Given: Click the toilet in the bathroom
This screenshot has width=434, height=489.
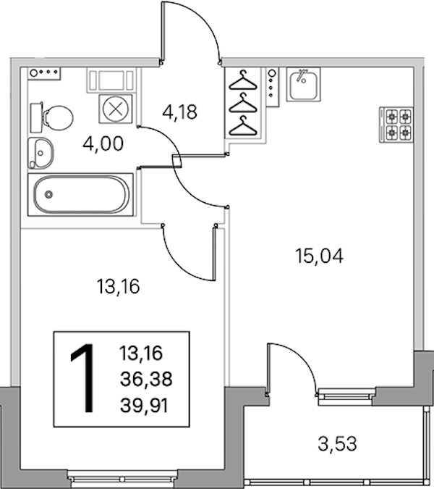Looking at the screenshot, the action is tap(52, 117).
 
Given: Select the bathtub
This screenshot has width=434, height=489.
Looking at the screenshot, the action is tap(81, 195).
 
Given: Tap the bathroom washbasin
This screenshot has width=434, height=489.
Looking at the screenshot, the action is tap(41, 153).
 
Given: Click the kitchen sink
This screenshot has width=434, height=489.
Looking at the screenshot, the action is tap(303, 84).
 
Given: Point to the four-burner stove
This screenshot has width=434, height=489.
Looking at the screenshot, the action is tap(396, 125).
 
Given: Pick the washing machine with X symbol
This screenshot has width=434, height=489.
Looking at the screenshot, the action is tap(116, 109).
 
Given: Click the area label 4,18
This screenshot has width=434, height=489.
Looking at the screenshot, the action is tap(179, 112).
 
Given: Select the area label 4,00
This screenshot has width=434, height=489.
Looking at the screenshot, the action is tap(103, 143).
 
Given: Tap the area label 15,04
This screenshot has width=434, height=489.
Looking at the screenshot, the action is tap(320, 256).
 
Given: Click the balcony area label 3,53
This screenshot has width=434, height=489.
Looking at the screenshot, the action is tap(337, 444).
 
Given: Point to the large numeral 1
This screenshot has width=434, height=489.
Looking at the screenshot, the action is tap(82, 378).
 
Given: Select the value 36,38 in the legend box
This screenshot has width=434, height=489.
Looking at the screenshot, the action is tap(146, 380).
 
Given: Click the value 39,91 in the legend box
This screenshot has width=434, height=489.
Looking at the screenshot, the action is tap(144, 406).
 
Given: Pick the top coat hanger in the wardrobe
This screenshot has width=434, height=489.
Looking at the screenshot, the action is tap(243, 80).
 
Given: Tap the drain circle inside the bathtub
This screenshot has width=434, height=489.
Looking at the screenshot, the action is tap(48, 195).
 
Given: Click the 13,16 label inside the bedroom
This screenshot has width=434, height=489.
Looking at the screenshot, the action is tap(119, 287).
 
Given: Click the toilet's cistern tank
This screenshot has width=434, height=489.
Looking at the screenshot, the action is tap(36, 117).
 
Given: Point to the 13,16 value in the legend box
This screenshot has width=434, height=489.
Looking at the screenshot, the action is tap(141, 354).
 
